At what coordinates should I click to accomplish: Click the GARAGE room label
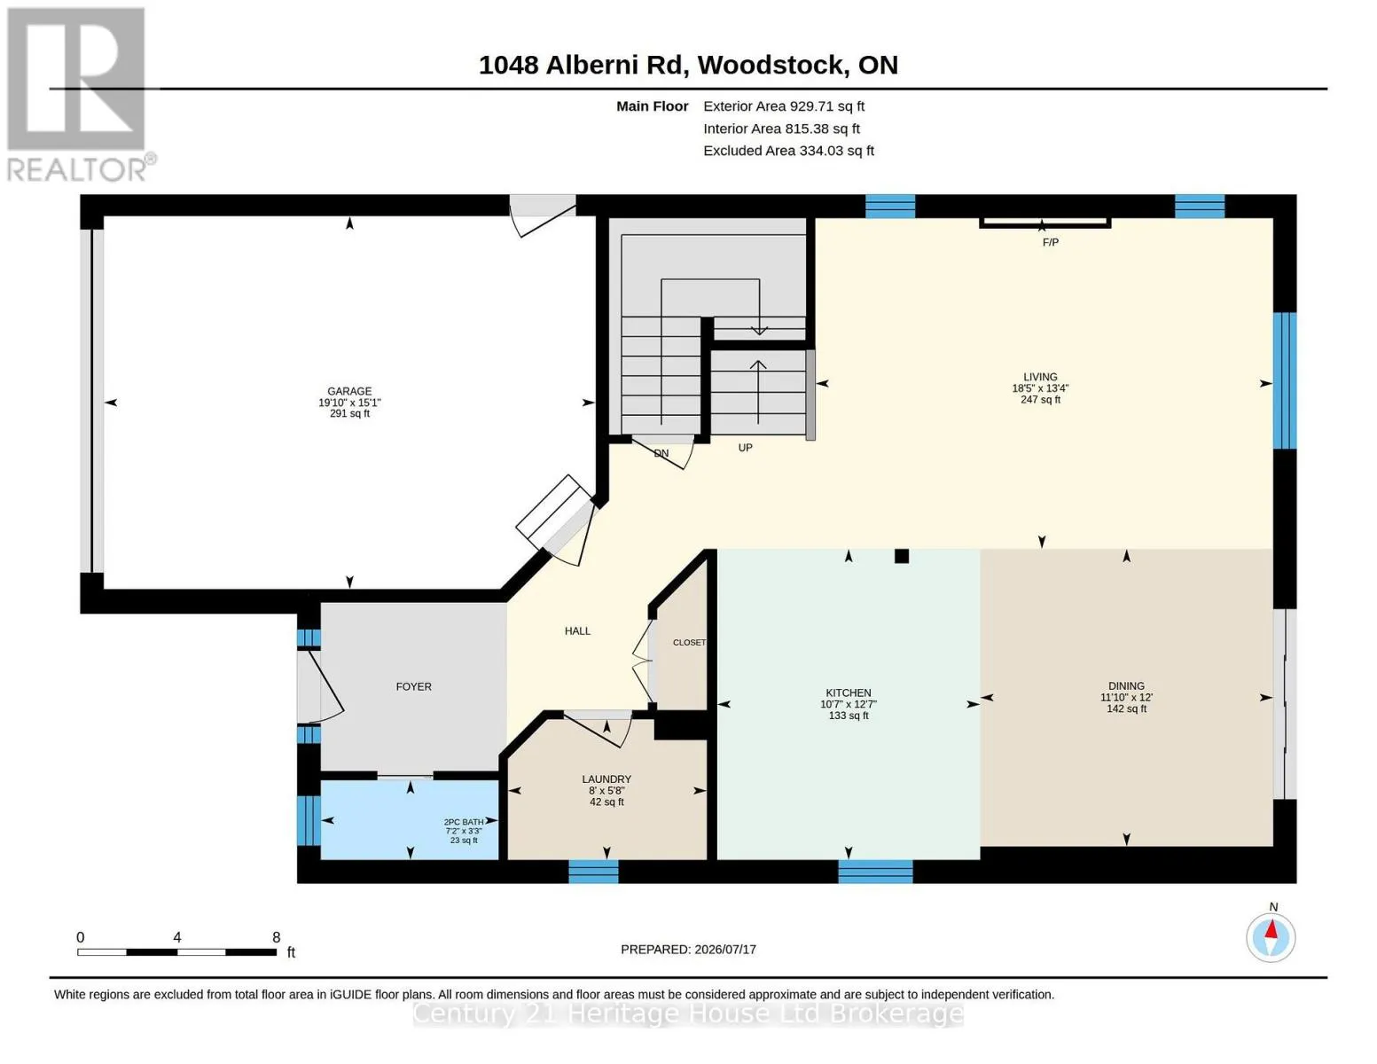point(349,391)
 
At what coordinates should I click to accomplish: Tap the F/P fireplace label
point(1050,242)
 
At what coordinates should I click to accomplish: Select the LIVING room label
point(1040,377)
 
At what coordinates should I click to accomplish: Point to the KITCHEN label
point(848,692)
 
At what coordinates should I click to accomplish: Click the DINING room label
point(1126,685)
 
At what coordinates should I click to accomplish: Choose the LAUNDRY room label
point(606,778)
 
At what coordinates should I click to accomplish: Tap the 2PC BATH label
point(464,822)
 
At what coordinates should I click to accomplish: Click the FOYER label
point(413,686)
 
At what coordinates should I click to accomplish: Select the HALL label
point(577,630)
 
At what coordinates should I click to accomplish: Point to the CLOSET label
point(690,642)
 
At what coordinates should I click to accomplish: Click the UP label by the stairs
point(745,448)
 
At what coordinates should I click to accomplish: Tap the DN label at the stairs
point(661,453)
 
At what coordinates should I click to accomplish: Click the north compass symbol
point(1271,937)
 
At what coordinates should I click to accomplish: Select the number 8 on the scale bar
point(277,937)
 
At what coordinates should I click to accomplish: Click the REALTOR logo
point(79,94)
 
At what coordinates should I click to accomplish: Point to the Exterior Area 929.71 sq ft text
point(784,106)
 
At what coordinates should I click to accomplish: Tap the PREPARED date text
point(688,950)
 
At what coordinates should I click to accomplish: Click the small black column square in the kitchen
point(901,556)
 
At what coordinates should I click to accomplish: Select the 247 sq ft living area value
point(1040,399)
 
